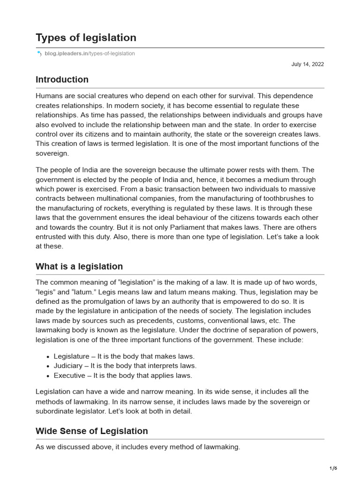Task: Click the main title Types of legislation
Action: pyautogui.click(x=86, y=37)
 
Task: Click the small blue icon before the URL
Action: pyautogui.click(x=39, y=53)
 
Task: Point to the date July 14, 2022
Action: pyautogui.click(x=307, y=64)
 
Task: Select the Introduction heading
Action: pyautogui.click(x=62, y=79)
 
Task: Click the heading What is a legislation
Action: pyautogui.click(x=79, y=266)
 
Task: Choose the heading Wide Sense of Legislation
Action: pyautogui.click(x=91, y=431)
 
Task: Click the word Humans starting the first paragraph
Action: pyautogui.click(x=49, y=96)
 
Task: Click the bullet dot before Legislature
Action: pyautogui.click(x=48, y=357)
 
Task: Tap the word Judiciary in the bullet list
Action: pyautogui.click(x=69, y=366)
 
